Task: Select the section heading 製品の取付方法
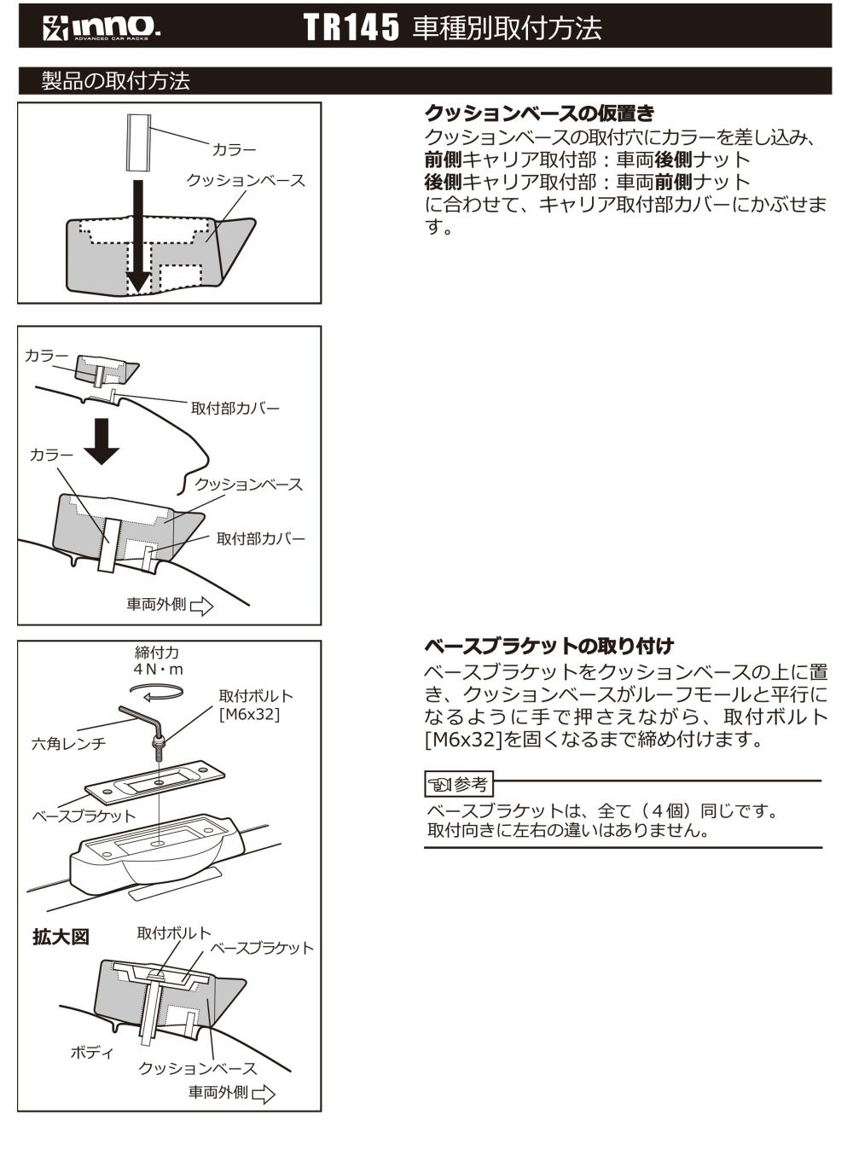116,81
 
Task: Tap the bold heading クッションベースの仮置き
539,113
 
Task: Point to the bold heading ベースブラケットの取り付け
548,646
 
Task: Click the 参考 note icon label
459,783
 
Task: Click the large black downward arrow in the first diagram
136,247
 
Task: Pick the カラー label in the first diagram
234,150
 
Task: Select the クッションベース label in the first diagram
246,181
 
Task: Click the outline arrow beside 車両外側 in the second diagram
202,607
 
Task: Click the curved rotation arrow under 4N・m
162,695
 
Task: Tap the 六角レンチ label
68,744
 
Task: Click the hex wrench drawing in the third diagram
141,717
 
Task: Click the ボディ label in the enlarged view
91,1053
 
